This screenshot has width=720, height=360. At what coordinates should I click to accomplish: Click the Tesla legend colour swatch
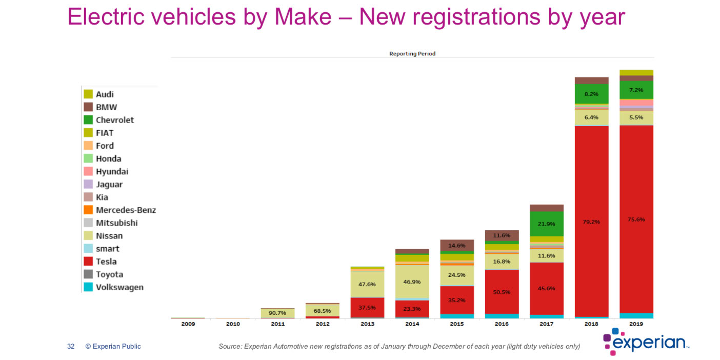click(x=88, y=262)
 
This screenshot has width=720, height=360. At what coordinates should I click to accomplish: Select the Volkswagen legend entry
click(x=119, y=287)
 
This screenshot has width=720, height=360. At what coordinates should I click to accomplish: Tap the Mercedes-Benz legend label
click(x=126, y=210)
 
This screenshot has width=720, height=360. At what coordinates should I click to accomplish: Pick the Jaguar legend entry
click(x=109, y=185)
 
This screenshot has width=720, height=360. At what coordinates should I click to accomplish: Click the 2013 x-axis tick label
click(x=367, y=324)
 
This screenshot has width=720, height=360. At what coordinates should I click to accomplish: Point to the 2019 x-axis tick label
click(x=636, y=324)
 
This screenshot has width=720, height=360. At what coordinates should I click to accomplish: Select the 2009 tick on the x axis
click(x=188, y=324)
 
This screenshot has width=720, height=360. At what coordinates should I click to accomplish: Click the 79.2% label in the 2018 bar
click(x=591, y=222)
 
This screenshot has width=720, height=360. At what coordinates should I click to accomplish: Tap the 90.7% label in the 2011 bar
click(x=277, y=312)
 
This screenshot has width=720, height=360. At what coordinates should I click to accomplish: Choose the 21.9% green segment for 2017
click(x=547, y=224)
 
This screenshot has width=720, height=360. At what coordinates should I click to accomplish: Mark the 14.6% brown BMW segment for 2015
click(x=457, y=245)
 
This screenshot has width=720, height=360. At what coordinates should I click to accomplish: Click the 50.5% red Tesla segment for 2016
click(x=502, y=291)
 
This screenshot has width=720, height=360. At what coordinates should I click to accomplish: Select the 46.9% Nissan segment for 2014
click(x=412, y=282)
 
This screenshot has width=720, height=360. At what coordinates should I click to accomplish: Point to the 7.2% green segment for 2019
click(x=636, y=90)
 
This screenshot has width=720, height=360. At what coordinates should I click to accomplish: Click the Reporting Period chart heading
click(x=412, y=54)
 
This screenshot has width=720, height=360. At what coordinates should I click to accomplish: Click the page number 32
click(x=71, y=347)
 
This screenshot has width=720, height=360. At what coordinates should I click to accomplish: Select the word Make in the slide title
click(x=303, y=16)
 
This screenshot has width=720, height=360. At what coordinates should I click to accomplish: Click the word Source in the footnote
click(x=230, y=347)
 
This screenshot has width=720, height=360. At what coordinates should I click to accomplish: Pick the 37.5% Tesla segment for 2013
click(x=367, y=307)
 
